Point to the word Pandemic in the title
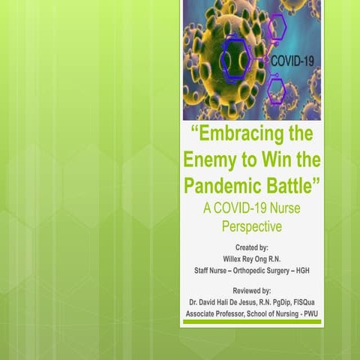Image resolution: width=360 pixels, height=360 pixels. pyautogui.click(x=225, y=184)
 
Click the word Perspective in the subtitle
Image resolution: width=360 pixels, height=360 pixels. pyautogui.click(x=250, y=224)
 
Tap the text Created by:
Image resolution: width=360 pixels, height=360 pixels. pyautogui.click(x=250, y=246)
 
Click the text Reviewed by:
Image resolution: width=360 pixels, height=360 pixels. pyautogui.click(x=250, y=289)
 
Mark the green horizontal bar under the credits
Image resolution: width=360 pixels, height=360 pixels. pyautogui.click(x=251, y=322)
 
